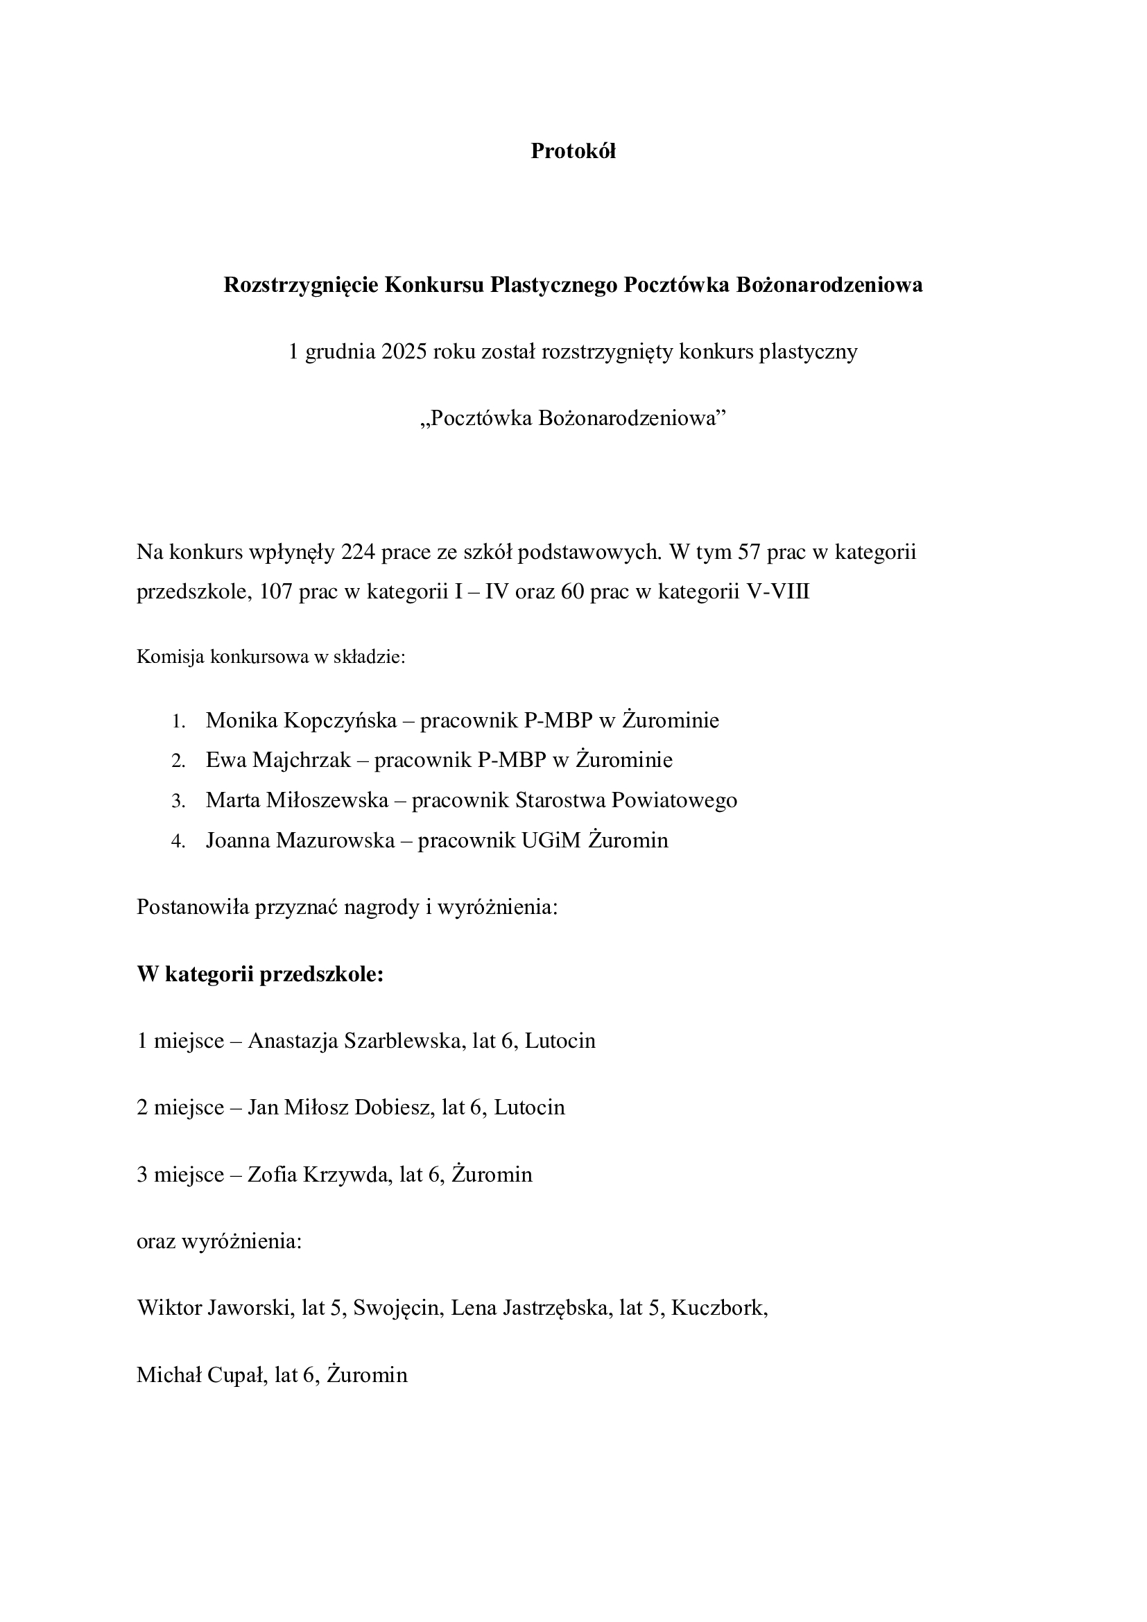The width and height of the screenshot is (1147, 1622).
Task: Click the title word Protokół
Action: point(573,151)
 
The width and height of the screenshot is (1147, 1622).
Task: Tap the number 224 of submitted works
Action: point(357,552)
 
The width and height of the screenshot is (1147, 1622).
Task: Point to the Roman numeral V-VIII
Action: point(778,592)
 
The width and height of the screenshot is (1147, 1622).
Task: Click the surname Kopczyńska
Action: point(340,721)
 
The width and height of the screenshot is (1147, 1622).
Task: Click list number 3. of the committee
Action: point(178,801)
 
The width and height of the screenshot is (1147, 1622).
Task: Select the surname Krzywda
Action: point(347,1174)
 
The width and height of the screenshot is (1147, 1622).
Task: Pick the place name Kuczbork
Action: point(719,1308)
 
